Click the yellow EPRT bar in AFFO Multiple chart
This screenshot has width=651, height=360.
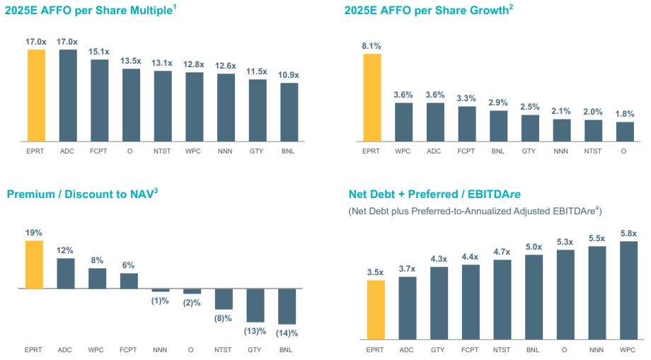[x=35, y=95]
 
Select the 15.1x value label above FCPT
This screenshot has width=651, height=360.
[x=99, y=51]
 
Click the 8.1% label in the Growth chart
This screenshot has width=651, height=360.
[x=371, y=46]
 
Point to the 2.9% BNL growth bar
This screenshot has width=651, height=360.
[x=498, y=126]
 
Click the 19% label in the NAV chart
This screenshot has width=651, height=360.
[x=35, y=232]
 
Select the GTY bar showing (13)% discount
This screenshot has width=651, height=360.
[x=255, y=305]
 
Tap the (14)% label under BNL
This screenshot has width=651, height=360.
[x=287, y=332]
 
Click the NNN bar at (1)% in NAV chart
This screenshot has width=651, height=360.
[x=161, y=290]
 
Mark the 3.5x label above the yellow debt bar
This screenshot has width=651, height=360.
[x=376, y=272]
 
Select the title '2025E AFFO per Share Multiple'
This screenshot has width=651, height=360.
[x=89, y=11]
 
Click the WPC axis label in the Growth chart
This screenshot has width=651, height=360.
[x=403, y=151]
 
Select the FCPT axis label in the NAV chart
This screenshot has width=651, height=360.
[x=129, y=349]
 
